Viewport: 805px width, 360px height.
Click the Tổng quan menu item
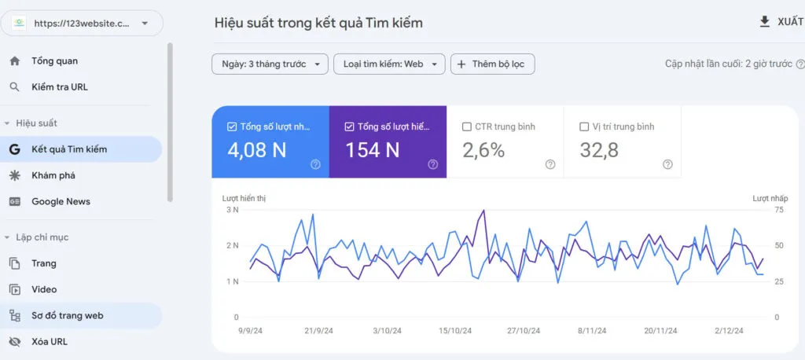click(x=54, y=61)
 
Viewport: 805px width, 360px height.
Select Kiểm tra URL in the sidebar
click(x=59, y=87)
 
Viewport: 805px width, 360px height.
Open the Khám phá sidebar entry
click(x=53, y=175)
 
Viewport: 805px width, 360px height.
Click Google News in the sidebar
click(x=61, y=201)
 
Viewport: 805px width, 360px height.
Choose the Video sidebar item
click(x=43, y=289)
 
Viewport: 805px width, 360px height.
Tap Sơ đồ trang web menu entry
click(x=67, y=315)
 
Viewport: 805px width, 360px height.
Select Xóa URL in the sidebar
click(x=49, y=341)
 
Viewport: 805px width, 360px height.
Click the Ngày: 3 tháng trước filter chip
click(x=270, y=64)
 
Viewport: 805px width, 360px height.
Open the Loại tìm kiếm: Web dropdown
click(x=389, y=64)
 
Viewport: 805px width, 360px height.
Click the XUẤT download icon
click(x=764, y=22)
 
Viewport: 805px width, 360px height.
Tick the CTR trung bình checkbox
click(x=467, y=127)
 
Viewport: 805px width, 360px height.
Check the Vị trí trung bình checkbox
click(x=584, y=127)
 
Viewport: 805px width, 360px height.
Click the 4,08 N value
click(x=256, y=149)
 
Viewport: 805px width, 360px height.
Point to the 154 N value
click(x=373, y=149)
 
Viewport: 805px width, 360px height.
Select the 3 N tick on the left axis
click(x=232, y=210)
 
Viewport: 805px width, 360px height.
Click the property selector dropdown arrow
click(x=145, y=24)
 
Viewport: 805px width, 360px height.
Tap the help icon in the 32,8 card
click(x=667, y=164)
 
